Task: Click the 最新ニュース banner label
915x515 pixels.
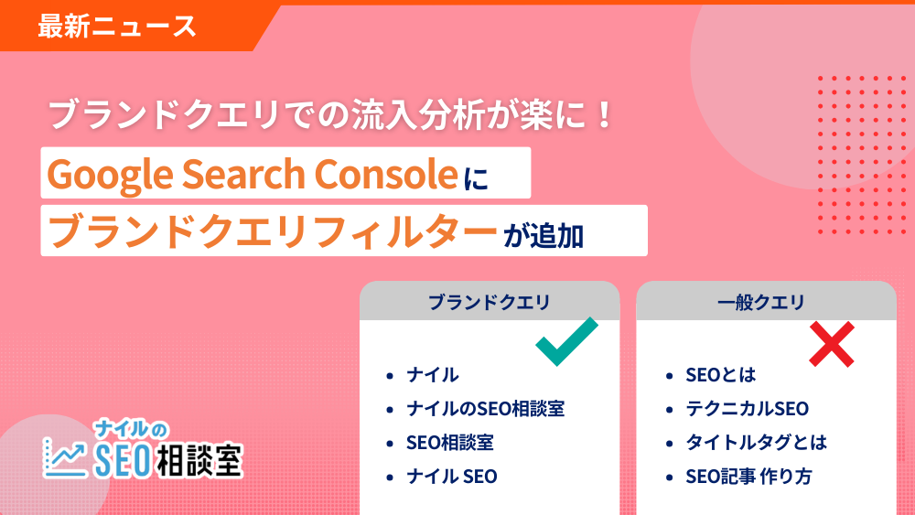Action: [x=117, y=26]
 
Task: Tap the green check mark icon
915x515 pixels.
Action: [x=566, y=341]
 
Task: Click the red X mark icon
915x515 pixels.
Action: [x=832, y=344]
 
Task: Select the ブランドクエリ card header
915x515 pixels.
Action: [x=490, y=302]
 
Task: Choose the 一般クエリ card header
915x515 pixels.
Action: [x=766, y=302]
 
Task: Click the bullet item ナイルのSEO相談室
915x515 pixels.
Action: [x=485, y=409]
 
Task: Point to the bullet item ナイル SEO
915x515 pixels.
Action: [x=452, y=477]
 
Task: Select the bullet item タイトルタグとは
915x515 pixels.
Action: [x=756, y=443]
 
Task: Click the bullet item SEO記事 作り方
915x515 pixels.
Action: [x=748, y=477]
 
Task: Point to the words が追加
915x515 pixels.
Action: [x=544, y=234]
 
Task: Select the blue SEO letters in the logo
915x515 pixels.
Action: [x=124, y=457]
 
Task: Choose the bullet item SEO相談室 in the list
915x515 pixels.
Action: [x=450, y=443]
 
